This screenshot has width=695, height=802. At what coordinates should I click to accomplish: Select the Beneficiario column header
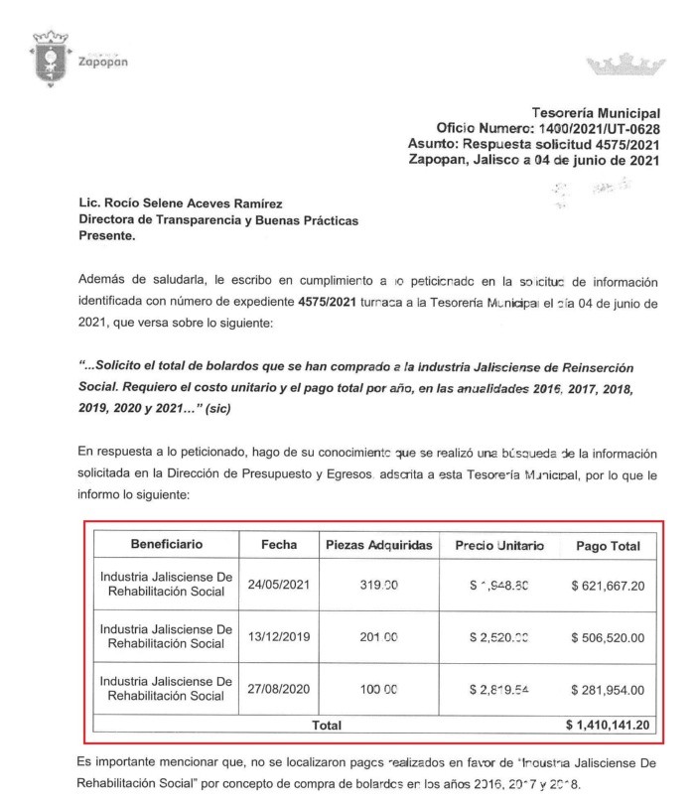[166, 545]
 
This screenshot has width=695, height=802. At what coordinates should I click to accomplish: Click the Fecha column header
[279, 545]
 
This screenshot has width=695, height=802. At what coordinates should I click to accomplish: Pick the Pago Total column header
[608, 546]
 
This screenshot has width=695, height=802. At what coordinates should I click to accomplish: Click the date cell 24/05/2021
[279, 585]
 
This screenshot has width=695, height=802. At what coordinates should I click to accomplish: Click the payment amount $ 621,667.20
[608, 585]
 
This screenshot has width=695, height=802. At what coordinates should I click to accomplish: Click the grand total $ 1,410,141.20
[608, 726]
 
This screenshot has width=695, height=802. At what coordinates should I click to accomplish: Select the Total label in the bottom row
[327, 726]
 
